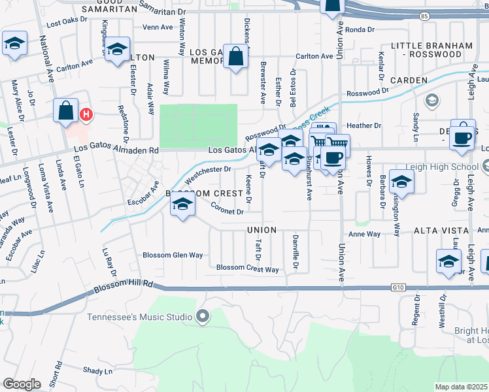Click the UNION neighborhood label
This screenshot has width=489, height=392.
[261, 230]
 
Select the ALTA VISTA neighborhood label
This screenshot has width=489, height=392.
[441, 231]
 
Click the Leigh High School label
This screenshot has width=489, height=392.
[451, 167]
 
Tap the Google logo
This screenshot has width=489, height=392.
[22, 384]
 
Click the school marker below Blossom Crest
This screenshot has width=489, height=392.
[183, 206]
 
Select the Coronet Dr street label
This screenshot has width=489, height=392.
[228, 210]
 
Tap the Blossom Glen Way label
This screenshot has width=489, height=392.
[173, 255]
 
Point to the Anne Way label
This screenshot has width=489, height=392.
[365, 234]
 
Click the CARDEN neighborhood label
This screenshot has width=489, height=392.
[409, 80]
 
